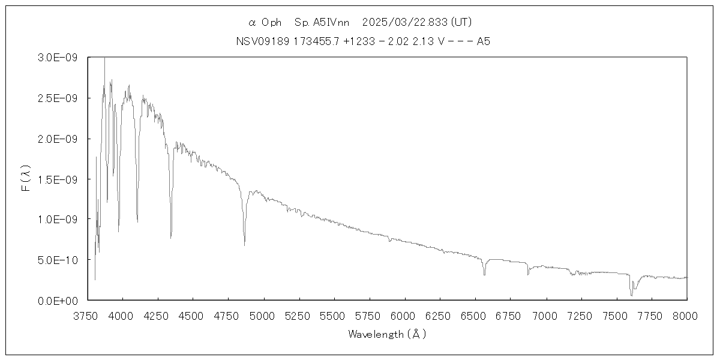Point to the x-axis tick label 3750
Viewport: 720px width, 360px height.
pos(88,315)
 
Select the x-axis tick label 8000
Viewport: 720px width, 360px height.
pos(686,315)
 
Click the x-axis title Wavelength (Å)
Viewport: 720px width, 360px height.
pos(387,334)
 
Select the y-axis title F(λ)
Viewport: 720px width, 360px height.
pos(25,179)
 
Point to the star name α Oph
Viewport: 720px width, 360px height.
pos(265,23)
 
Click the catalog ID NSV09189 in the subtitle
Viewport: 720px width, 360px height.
pos(262,41)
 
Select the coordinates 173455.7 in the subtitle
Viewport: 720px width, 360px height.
pos(316,41)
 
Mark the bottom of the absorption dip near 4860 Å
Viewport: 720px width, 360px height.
pos(244,245)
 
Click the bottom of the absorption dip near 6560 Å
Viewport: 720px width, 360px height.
pos(484,274)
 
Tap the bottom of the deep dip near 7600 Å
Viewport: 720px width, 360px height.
pos(631,295)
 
